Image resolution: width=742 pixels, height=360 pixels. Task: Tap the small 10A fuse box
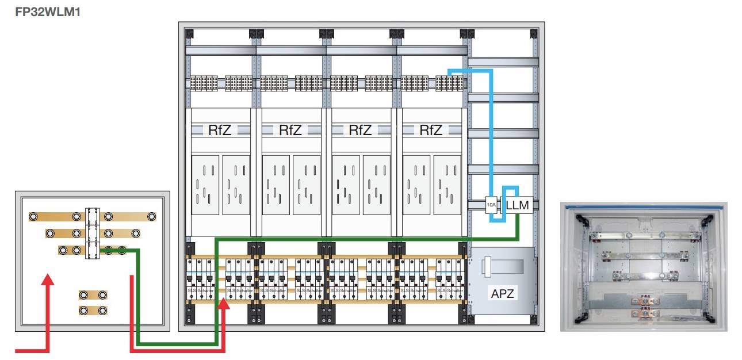(x=491, y=205)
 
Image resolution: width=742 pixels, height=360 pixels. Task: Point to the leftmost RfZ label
(x=220, y=131)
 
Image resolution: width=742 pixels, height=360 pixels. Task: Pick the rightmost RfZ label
(x=430, y=131)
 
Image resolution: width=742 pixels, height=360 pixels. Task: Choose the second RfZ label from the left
(x=290, y=131)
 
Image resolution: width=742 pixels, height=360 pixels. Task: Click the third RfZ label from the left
(x=360, y=131)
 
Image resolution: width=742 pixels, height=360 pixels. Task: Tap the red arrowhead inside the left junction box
(x=48, y=281)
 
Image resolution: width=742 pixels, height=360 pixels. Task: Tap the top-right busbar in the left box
(x=129, y=216)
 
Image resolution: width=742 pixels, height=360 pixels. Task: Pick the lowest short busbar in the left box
(x=93, y=311)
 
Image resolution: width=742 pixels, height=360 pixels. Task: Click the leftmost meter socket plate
(x=205, y=184)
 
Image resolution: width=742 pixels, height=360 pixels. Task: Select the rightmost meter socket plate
(x=448, y=184)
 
